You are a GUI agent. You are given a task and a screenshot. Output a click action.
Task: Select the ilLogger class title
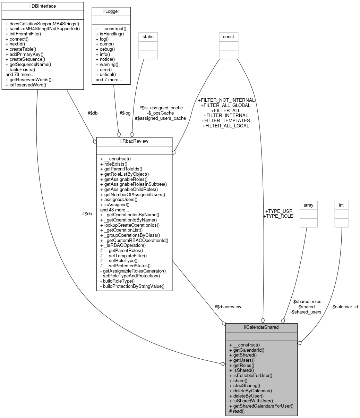tap(111, 11)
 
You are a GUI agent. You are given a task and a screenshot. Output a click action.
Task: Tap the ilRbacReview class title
tap(134, 142)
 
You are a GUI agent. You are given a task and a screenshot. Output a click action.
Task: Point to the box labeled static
tap(148, 36)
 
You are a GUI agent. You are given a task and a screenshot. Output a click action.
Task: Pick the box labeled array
tap(308, 205)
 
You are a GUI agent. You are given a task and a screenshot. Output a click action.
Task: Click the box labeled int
tap(341, 205)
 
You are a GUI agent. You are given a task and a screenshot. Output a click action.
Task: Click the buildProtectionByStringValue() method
tap(132, 286)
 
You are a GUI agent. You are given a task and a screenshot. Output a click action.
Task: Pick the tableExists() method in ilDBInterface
tap(20, 69)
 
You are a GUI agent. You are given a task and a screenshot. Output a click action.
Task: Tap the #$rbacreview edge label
tap(228, 307)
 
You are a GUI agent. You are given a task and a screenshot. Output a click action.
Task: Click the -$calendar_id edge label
tap(344, 307)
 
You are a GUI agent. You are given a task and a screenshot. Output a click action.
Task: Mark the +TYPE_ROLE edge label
tap(278, 216)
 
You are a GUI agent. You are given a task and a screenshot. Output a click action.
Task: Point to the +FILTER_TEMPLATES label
tap(225, 120)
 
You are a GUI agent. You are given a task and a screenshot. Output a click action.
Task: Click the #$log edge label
tap(125, 113)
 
